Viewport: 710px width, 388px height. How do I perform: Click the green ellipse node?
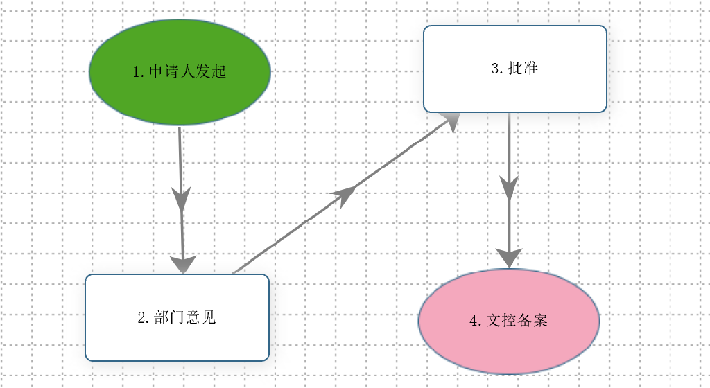pos(180,72)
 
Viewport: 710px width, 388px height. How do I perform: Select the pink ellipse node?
pos(509,321)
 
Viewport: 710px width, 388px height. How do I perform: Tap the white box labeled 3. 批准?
pos(515,69)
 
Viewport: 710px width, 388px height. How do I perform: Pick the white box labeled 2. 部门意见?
pos(177,317)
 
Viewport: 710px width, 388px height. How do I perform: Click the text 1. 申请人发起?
pos(180,71)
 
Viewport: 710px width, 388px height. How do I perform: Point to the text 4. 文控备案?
pos(508,321)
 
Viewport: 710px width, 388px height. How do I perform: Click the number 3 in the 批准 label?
pos(495,69)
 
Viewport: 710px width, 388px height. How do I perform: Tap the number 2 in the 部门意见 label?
pos(141,317)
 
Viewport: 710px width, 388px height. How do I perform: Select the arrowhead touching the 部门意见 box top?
pos(183,265)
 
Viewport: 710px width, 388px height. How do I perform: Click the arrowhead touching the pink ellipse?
pos(509,258)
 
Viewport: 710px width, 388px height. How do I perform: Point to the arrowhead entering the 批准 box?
pos(449,122)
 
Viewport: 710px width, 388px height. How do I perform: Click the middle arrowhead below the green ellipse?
pos(181,198)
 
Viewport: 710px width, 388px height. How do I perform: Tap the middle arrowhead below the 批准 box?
pos(509,188)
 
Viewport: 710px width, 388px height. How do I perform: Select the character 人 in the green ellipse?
pos(187,71)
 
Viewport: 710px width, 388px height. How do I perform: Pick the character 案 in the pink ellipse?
pos(540,321)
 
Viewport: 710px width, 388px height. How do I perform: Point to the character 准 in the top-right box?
pos(530,69)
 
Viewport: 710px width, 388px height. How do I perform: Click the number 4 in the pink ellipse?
pos(474,321)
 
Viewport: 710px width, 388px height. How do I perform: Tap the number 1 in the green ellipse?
pos(137,72)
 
